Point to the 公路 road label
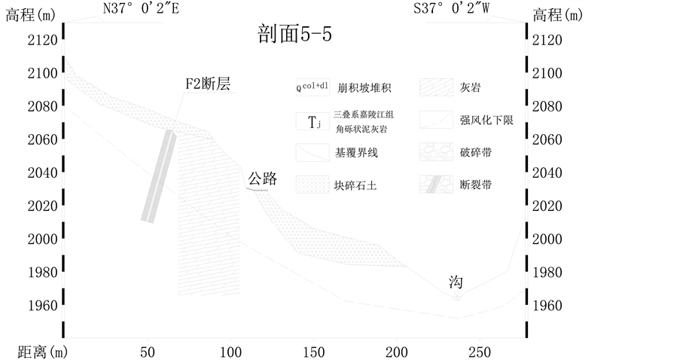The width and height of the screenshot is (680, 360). pos(263,178)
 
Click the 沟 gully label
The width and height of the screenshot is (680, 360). pos(456,282)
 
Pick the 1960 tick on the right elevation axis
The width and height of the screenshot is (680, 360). pos(547,305)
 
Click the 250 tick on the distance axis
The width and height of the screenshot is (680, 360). pos(479,351)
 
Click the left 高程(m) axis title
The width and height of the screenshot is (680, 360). pos(30,14)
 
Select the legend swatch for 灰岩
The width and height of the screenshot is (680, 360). pos(433,87)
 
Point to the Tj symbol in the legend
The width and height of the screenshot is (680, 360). pos(313,121)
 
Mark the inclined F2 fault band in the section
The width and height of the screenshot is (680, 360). pos(159,176)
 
